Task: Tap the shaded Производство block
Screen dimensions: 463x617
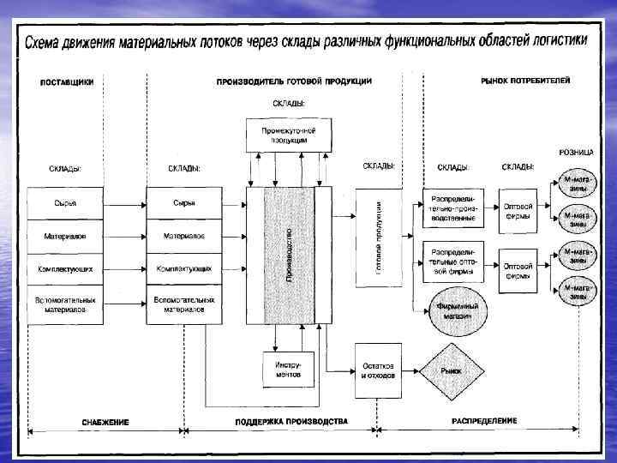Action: pos(289,255)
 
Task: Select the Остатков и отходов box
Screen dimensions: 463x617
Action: pos(378,370)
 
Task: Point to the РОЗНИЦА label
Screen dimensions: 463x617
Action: pos(576,152)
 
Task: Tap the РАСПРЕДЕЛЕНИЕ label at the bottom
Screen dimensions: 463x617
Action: pos(484,422)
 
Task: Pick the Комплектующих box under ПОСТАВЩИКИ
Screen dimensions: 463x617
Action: pos(64,268)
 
